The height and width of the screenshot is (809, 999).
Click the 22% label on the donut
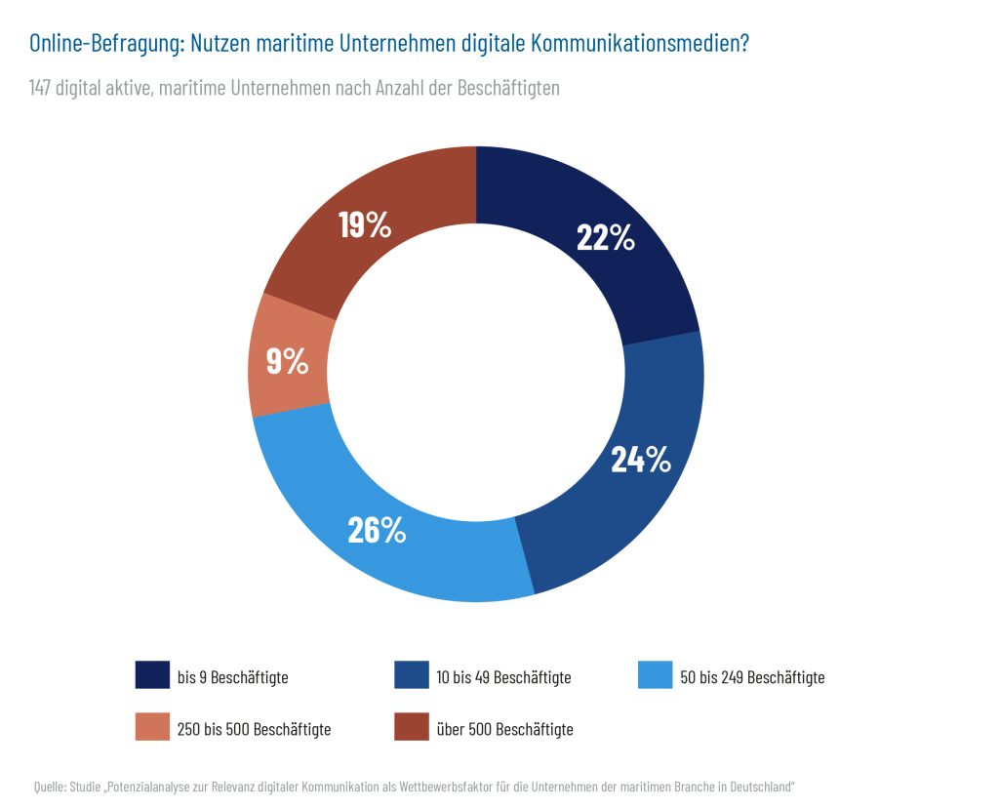(606, 237)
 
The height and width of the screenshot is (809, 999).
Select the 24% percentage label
(641, 459)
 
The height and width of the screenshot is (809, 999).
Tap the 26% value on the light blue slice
(377, 529)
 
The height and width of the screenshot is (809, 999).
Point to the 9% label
(288, 362)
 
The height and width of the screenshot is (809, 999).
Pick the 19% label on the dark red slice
(365, 224)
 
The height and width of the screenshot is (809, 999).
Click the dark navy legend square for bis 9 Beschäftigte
(152, 675)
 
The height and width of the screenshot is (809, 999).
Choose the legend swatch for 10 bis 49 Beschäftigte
(411, 675)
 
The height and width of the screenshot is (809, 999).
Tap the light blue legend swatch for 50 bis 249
(655, 675)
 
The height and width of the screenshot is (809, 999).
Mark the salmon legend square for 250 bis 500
(152, 728)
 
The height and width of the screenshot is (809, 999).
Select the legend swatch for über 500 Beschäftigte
(411, 728)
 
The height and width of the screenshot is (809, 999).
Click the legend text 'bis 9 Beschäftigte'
(232, 677)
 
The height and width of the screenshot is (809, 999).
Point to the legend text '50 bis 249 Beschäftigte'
(752, 677)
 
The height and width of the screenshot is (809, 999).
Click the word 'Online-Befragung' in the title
(104, 44)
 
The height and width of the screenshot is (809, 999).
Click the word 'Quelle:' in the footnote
(49, 786)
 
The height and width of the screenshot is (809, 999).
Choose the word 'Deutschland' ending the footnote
(761, 786)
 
